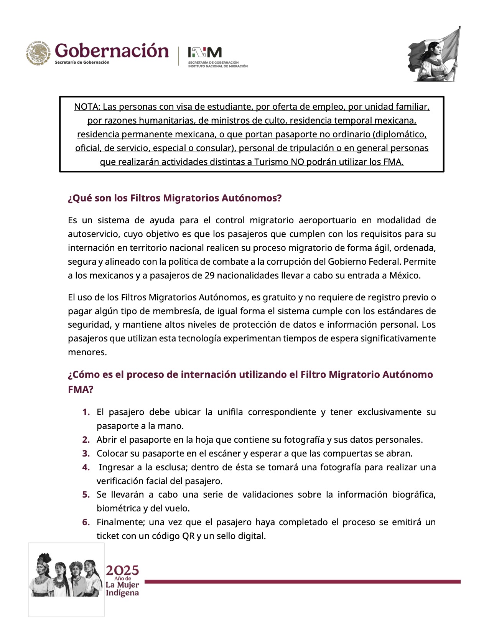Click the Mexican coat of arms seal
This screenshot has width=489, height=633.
point(39,53)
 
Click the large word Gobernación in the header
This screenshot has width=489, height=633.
point(112,51)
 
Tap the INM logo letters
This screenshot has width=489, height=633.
point(204,52)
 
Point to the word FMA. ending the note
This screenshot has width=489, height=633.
point(393,162)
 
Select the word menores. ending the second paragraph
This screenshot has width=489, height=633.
point(87,352)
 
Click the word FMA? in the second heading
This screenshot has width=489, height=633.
point(81,389)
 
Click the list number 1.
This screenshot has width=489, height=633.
point(86,412)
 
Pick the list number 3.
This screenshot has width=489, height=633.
point(86,453)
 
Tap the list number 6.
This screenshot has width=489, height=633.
point(86,522)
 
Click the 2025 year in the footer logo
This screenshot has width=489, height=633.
point(122,570)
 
